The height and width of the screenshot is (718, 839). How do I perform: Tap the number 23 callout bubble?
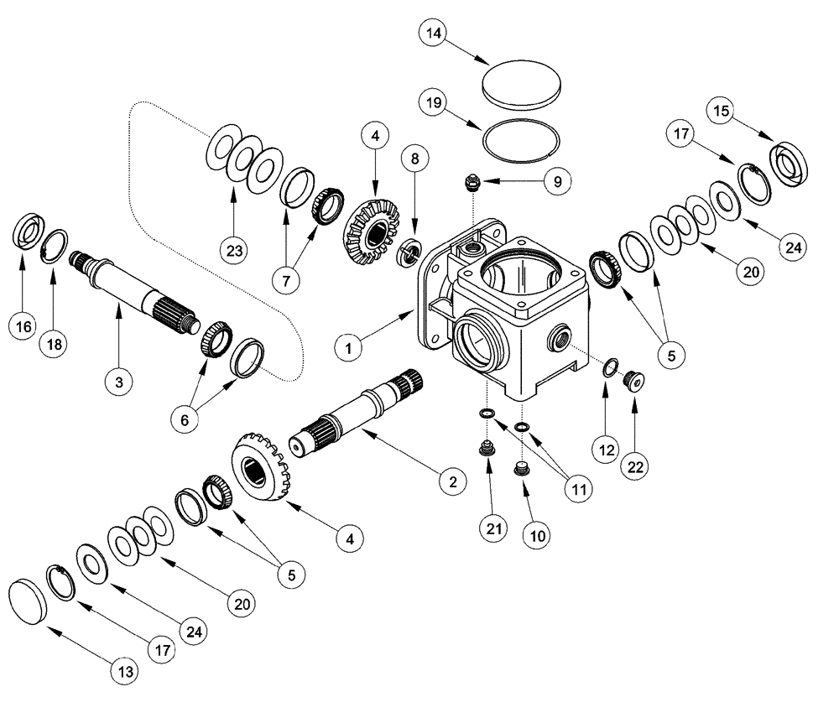coord(234,249)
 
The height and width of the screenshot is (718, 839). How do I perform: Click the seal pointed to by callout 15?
coord(789,163)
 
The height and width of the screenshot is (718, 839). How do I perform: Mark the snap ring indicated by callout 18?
coord(55,246)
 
